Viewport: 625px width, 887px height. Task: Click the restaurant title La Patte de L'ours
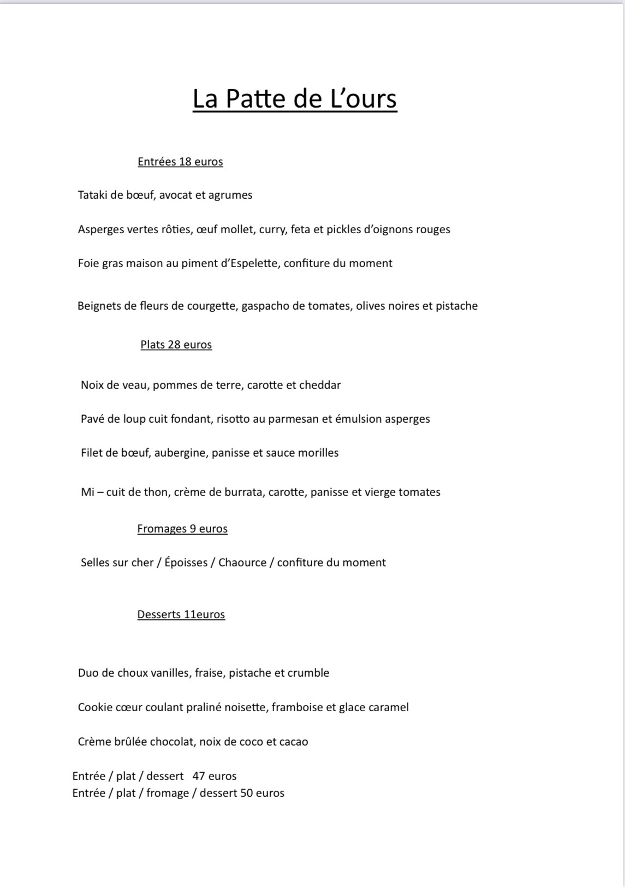(295, 99)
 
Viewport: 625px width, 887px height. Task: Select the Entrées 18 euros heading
(180, 162)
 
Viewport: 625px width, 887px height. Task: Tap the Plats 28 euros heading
(176, 345)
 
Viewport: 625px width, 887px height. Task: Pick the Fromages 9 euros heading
(182, 529)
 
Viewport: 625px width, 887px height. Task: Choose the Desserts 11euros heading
(181, 614)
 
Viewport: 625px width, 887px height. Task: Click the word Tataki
(93, 195)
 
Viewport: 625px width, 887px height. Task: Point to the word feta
(300, 229)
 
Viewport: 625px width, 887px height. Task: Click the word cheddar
(320, 385)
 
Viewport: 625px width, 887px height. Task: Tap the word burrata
(243, 492)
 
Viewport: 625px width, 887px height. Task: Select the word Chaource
(242, 563)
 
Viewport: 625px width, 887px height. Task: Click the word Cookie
(93, 707)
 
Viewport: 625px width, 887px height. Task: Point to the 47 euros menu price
(215, 776)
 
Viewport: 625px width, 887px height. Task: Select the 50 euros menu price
(263, 793)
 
